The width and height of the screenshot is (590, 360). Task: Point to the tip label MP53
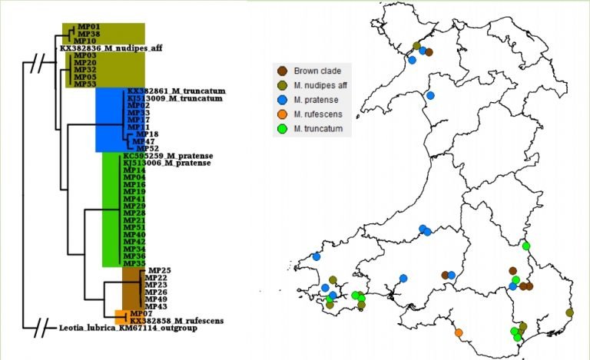click(x=85, y=84)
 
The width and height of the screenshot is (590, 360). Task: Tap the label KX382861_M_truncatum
click(x=176, y=91)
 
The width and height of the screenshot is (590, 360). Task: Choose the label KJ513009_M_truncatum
click(x=176, y=98)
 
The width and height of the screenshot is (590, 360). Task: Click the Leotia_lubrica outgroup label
click(x=128, y=328)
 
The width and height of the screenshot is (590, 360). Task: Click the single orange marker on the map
click(x=459, y=333)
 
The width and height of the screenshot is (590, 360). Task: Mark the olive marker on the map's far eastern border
click(x=569, y=312)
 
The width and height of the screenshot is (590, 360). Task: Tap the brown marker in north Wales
click(x=429, y=52)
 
